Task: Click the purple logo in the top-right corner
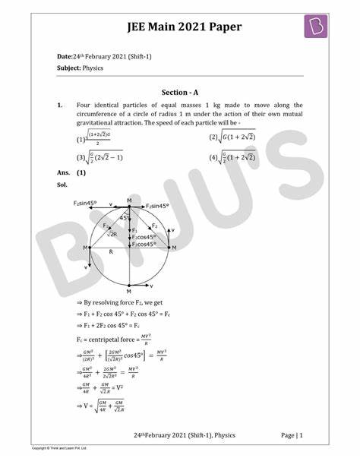coord(314,27)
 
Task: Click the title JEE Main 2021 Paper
coord(180,27)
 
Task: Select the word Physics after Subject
coord(93,68)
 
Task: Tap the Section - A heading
coord(179,92)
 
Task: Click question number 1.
coord(60,106)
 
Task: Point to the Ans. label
coord(64,173)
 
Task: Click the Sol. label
coord(62,184)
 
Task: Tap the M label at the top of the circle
coord(129,200)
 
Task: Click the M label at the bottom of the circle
coord(129,291)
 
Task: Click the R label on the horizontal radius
coord(111,251)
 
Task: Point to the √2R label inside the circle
coord(111,235)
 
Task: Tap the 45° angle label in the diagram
coord(124,218)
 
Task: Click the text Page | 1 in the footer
coord(292,434)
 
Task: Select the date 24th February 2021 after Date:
coord(114,56)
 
